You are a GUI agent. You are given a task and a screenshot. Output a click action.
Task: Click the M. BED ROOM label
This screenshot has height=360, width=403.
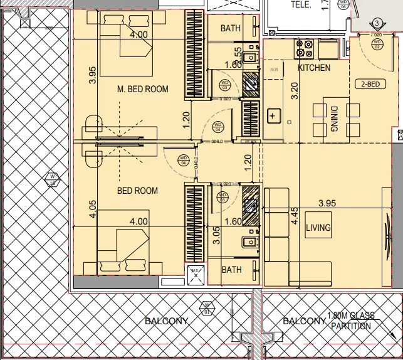tap(143, 89)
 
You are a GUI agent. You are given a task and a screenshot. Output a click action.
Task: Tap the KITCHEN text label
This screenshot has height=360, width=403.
tap(314, 68)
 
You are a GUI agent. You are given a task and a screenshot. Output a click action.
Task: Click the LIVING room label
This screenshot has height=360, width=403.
tap(318, 228)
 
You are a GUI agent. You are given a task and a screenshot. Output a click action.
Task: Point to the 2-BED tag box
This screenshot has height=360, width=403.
tap(368, 83)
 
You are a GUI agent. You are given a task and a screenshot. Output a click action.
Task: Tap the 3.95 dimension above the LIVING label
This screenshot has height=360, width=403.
tap(332, 204)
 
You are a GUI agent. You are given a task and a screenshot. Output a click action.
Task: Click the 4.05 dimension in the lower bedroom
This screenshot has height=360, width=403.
tap(92, 209)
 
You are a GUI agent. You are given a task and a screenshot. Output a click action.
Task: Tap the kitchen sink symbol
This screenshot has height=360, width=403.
tap(273, 115)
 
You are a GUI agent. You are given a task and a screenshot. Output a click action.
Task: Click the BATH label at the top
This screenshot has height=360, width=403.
tap(231, 28)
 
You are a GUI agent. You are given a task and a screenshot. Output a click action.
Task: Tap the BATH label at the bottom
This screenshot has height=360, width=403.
tap(231, 270)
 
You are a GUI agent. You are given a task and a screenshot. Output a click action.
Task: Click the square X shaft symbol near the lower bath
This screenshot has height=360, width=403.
tap(196, 274)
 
